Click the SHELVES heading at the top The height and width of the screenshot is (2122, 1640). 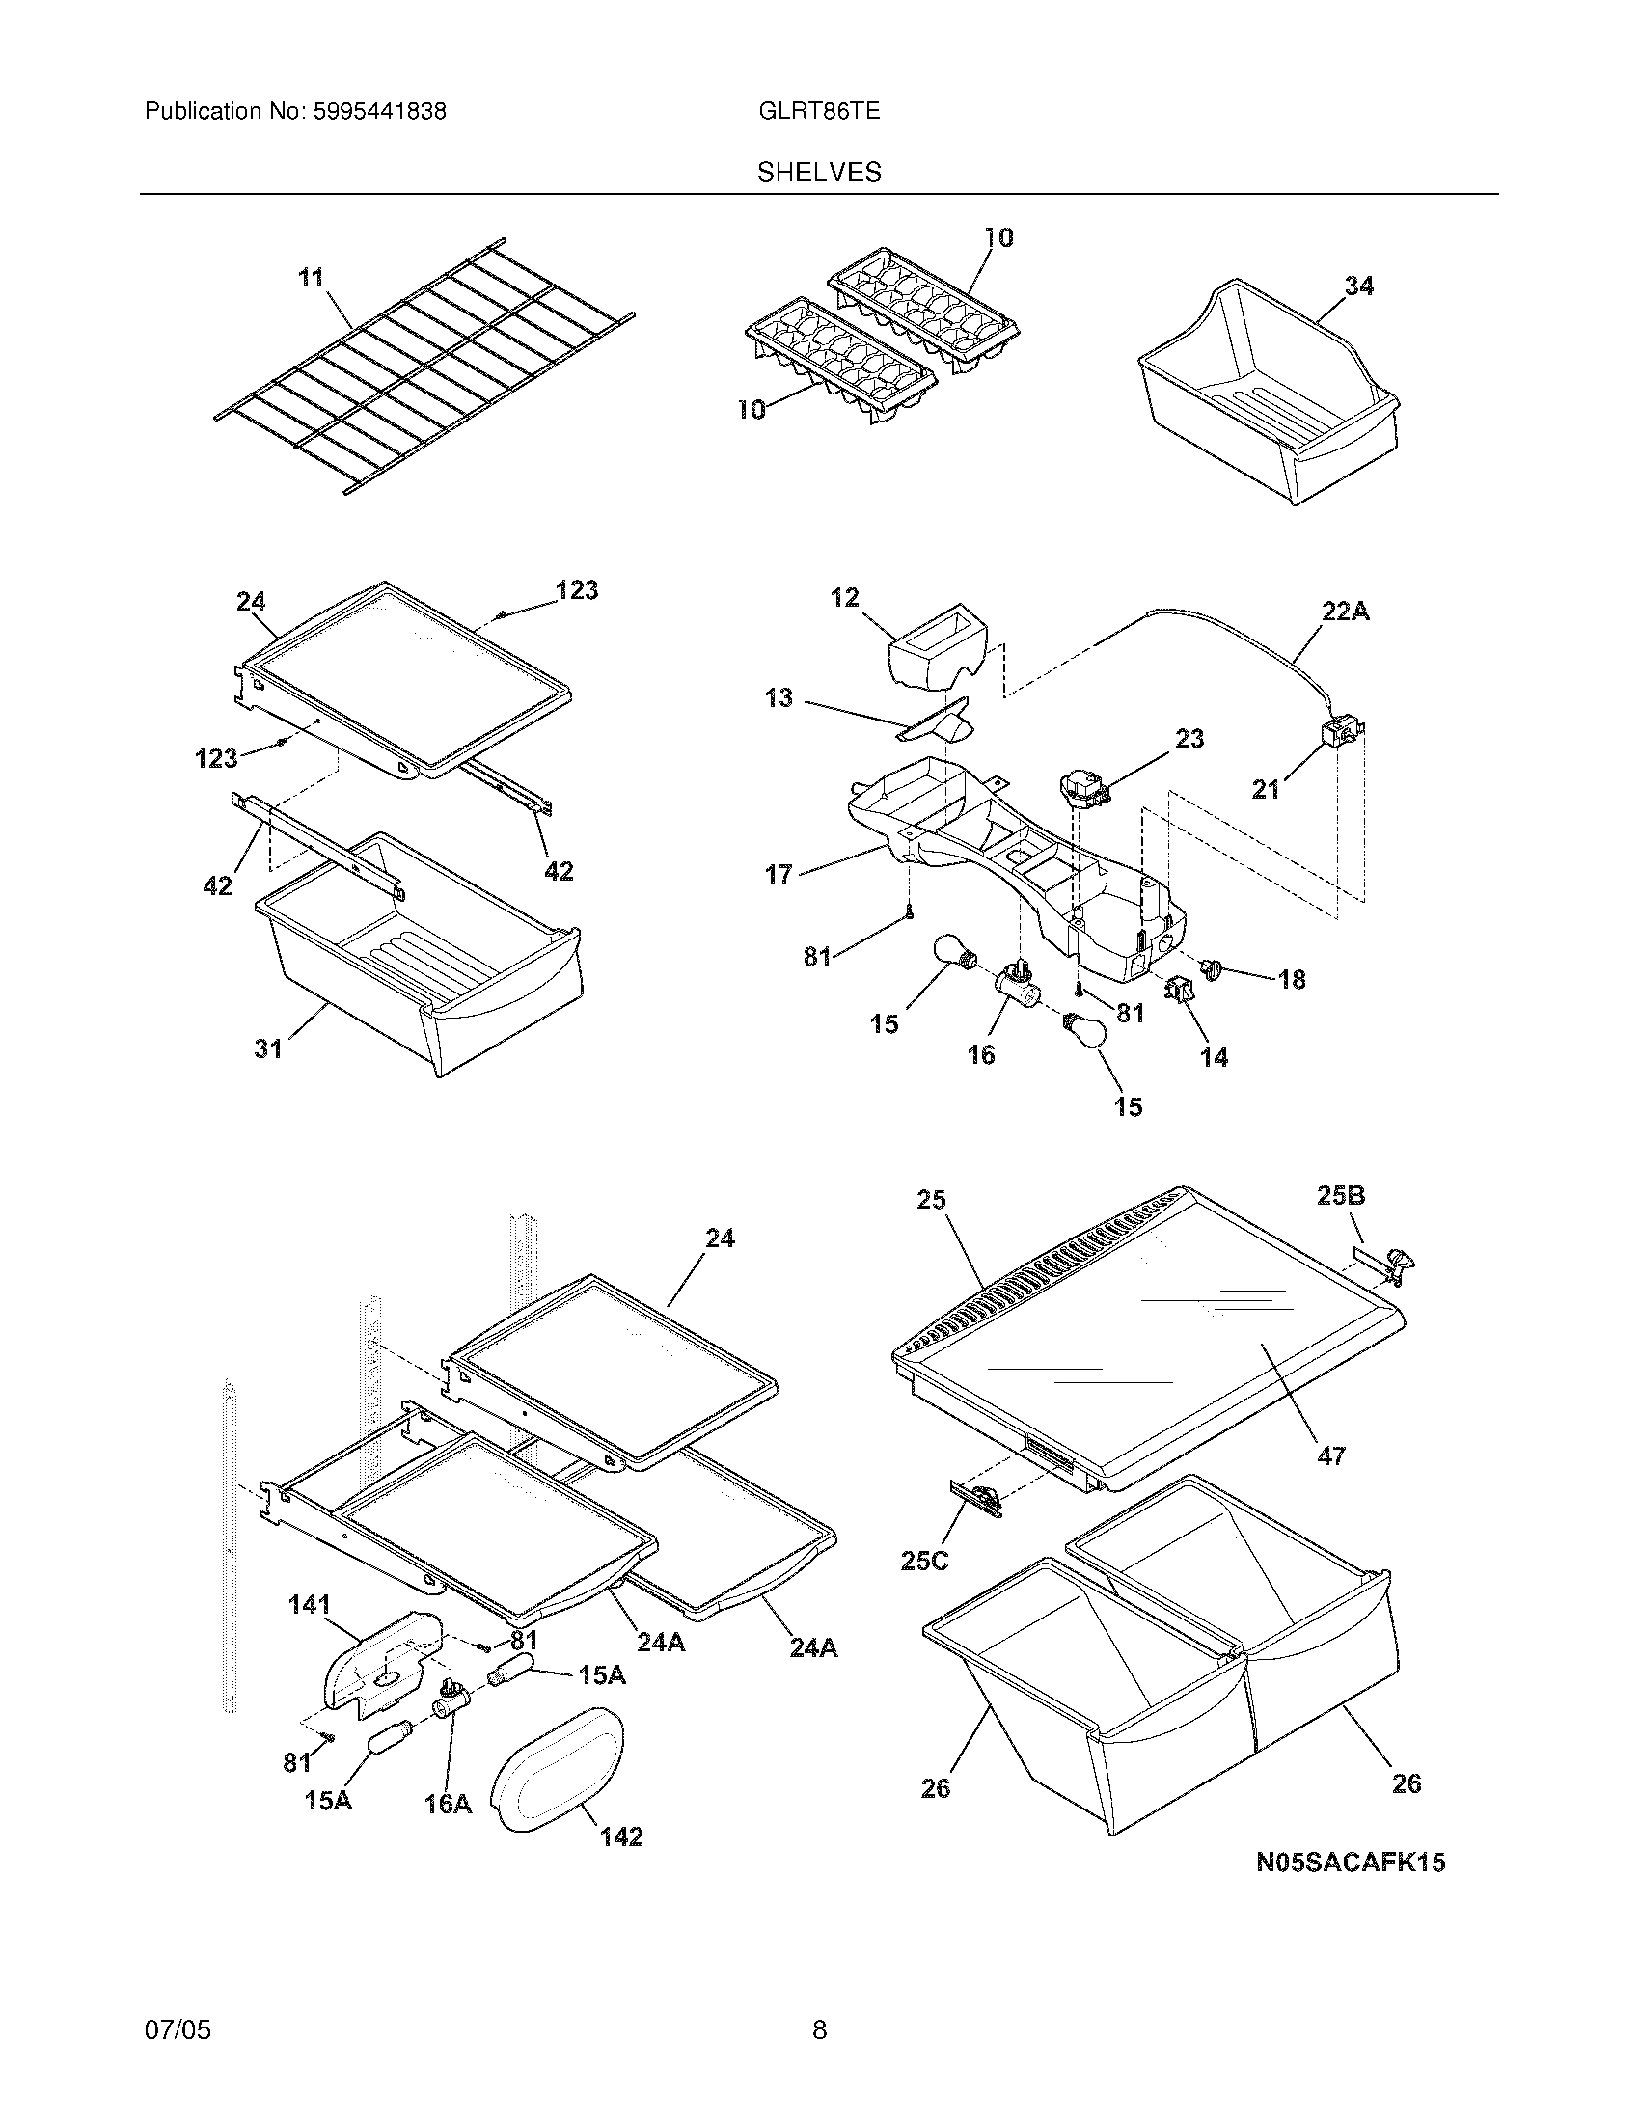tap(819, 172)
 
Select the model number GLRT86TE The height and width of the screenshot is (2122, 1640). tap(819, 111)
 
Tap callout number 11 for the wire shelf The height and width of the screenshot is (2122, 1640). tap(310, 279)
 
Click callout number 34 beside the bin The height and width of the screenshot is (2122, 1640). tap(1358, 286)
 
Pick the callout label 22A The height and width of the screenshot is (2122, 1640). tap(1345, 612)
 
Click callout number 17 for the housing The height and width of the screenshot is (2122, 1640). tap(779, 875)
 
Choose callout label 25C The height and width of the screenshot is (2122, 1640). tap(924, 1562)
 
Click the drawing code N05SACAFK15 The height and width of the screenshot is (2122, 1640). tap(1351, 1863)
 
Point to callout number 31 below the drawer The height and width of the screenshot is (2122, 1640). tap(268, 1048)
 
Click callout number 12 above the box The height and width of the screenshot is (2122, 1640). tap(844, 598)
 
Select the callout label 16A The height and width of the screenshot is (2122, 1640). tap(447, 1805)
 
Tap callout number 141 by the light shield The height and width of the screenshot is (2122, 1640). tap(310, 1605)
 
